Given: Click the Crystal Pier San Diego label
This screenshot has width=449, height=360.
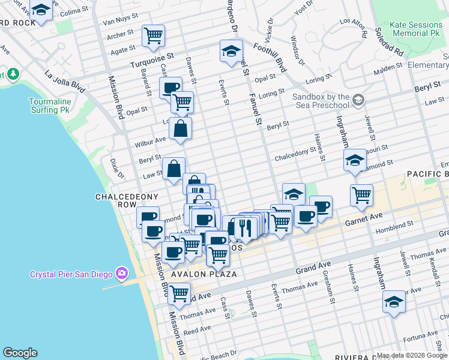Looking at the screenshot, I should tap(71, 275).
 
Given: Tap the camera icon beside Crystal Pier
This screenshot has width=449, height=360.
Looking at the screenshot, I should tap(122, 274).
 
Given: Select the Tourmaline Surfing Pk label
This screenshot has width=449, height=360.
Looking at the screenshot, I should tap(51, 106).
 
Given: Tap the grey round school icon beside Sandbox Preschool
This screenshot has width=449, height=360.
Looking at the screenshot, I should tap(359, 99).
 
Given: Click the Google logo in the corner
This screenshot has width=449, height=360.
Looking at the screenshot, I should tap(20, 353).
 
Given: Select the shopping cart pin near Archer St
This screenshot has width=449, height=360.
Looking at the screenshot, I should tap(154, 35).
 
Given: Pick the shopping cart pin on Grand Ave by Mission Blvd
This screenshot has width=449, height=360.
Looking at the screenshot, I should tap(179, 294).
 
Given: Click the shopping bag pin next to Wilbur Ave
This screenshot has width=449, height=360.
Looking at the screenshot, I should tap(180, 128).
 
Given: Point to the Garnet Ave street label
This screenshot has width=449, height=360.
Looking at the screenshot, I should tap(363, 221).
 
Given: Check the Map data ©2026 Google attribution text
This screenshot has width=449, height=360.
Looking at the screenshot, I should tap(411, 355).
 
